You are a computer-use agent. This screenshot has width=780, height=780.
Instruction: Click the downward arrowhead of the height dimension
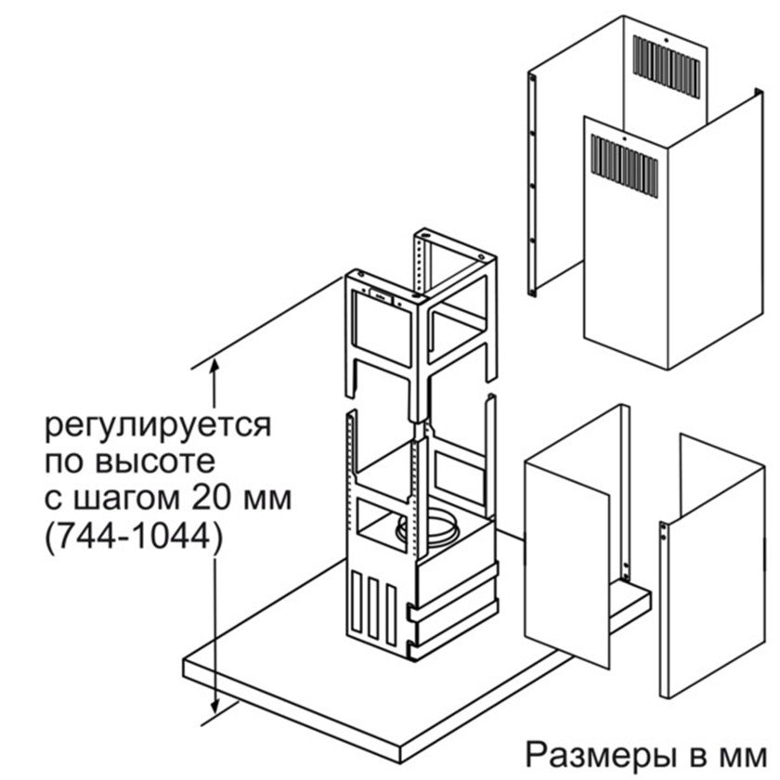click(x=214, y=708)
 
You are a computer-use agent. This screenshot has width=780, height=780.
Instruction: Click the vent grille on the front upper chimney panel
click(x=624, y=165)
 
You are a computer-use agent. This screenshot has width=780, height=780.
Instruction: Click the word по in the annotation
click(x=64, y=462)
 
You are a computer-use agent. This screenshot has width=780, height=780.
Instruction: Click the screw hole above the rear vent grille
click(x=666, y=40)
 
